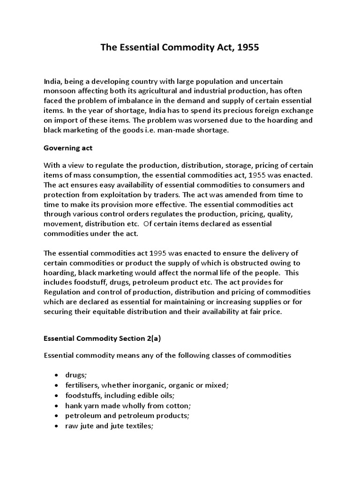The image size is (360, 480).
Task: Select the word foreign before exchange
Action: coord(264,111)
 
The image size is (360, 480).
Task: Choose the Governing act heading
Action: coord(68,148)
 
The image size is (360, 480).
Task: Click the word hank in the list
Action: coord(73,405)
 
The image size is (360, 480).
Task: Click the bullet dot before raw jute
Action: coord(56,425)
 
